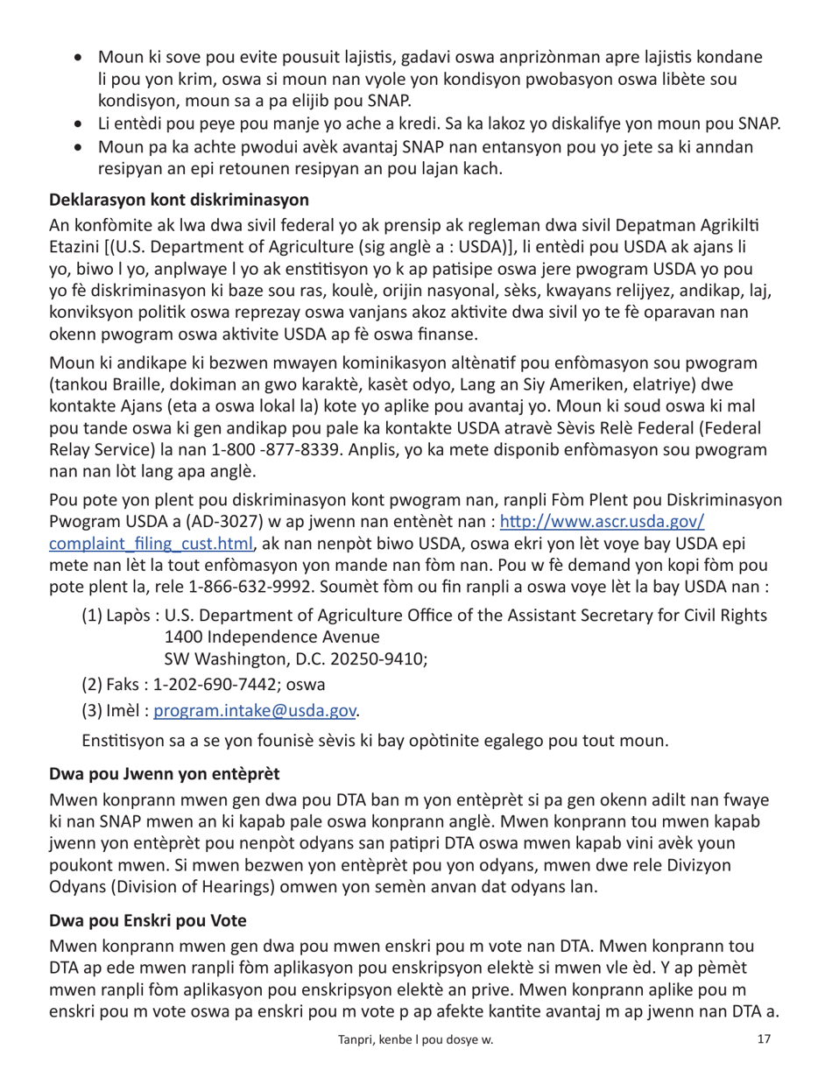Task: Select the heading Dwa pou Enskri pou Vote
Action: coord(147,920)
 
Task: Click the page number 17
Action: coord(763,1039)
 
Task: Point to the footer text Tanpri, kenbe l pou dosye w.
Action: coord(415,1040)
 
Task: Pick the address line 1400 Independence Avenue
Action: coord(271,637)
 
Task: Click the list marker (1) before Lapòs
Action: coord(92,616)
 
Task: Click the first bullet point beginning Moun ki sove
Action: coord(80,58)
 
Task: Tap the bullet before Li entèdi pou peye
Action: coord(80,124)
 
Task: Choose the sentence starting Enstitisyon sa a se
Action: coord(375,741)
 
